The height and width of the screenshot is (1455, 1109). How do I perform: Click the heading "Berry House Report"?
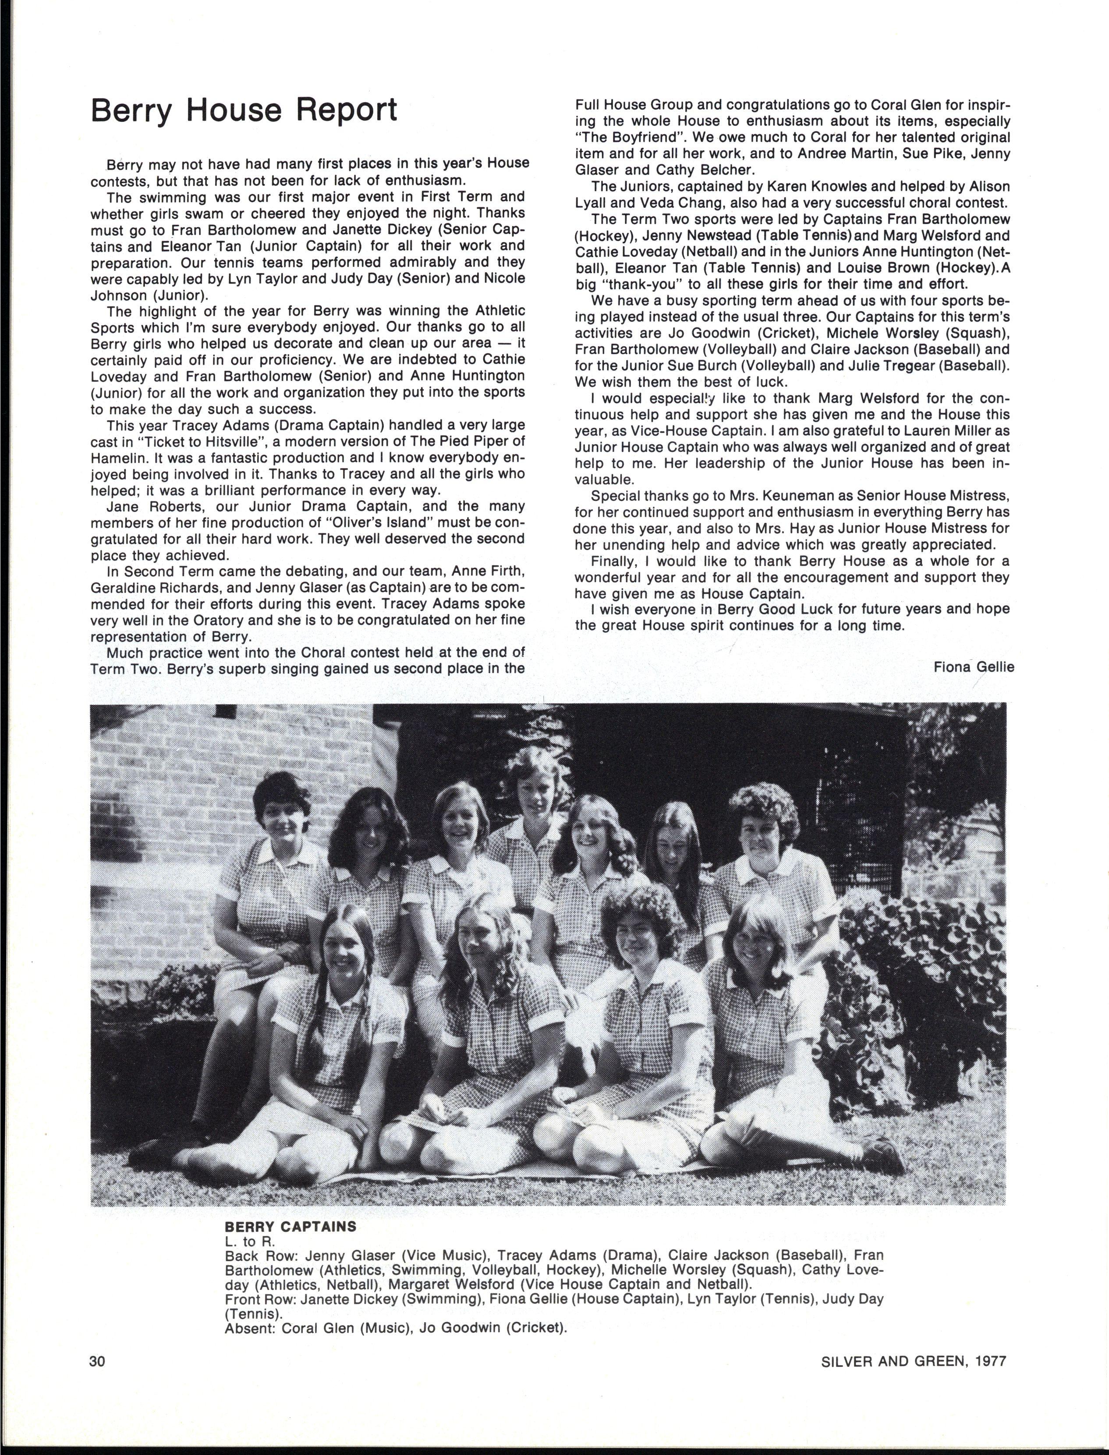(x=244, y=111)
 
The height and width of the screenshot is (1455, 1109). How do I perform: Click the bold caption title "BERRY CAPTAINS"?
(x=291, y=1227)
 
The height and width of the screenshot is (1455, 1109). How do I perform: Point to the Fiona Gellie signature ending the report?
(x=974, y=667)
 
